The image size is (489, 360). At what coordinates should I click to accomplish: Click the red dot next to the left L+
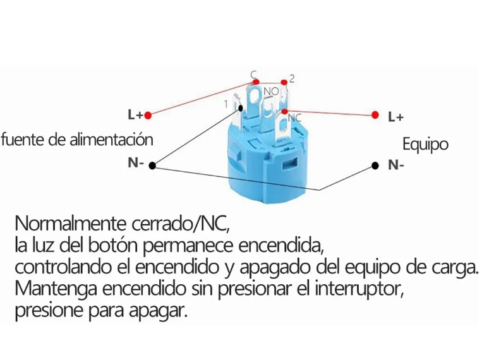[x=148, y=115]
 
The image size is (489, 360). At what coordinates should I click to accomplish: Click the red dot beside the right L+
[x=375, y=115]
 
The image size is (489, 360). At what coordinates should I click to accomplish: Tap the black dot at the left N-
[x=152, y=164]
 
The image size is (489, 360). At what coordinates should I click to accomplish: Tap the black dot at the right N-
[x=375, y=165]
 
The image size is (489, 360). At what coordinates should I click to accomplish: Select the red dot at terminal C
[x=256, y=82]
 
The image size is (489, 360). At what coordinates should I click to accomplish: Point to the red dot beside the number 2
[x=284, y=82]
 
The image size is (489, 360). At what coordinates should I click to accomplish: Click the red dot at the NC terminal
[x=285, y=111]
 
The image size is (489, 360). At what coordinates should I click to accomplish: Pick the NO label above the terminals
[x=271, y=92]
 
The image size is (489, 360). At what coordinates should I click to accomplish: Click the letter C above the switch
[x=253, y=75]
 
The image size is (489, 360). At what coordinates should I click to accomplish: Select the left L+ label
[x=135, y=115]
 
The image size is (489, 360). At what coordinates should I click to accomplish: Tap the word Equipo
[x=425, y=144]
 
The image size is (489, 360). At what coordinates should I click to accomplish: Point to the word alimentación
[x=110, y=138]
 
